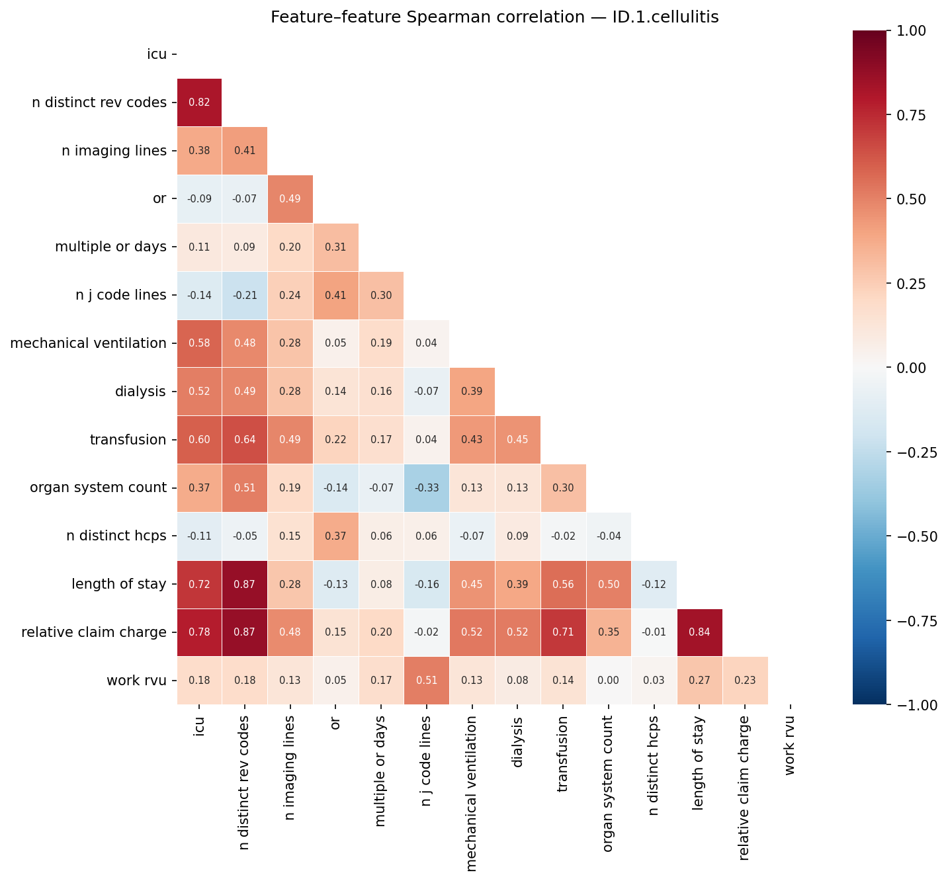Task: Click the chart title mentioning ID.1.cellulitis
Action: [x=494, y=17]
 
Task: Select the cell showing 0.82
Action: [x=199, y=103]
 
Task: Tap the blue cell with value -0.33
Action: [x=426, y=488]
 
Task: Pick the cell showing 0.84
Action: [x=699, y=632]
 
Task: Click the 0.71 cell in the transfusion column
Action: [x=562, y=632]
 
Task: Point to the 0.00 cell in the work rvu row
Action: [x=609, y=681]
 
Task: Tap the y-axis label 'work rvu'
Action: [x=137, y=681]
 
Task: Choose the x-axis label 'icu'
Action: [x=199, y=727]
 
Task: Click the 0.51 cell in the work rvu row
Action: [x=426, y=681]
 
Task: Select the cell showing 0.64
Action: [x=244, y=440]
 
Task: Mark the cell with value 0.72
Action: [x=199, y=584]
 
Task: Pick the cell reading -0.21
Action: [x=244, y=295]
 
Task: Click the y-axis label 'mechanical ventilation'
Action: [x=89, y=343]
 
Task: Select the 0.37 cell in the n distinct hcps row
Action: [x=335, y=536]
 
